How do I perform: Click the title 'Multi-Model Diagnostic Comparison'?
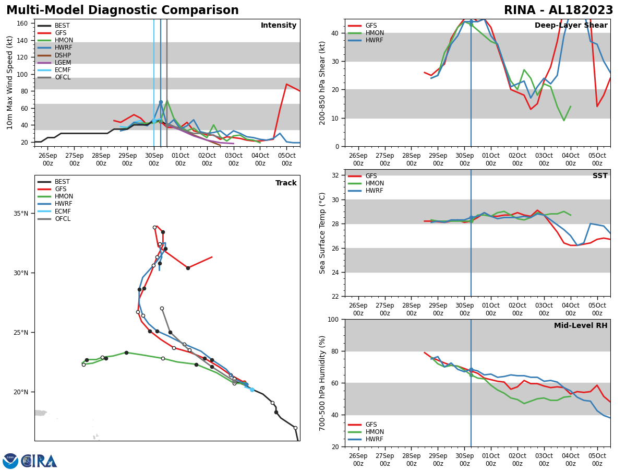tap(122, 10)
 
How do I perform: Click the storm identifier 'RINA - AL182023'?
tap(558, 10)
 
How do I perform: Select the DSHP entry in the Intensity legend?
tap(63, 55)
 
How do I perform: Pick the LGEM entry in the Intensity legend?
tap(63, 63)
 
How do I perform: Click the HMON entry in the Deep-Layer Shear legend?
tap(375, 33)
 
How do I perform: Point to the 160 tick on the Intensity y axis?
tap(22, 23)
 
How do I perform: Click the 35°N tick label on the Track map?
tap(20, 214)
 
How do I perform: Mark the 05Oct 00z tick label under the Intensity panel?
tap(286, 159)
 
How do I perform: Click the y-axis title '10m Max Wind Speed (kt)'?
tap(10, 83)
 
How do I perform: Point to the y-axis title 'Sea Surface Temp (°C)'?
tap(322, 233)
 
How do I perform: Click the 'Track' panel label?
tap(286, 183)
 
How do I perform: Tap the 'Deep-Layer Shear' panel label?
tap(571, 26)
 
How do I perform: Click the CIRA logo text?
tap(40, 461)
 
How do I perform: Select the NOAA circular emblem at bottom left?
tap(10, 461)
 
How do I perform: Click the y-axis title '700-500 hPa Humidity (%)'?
tap(322, 383)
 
